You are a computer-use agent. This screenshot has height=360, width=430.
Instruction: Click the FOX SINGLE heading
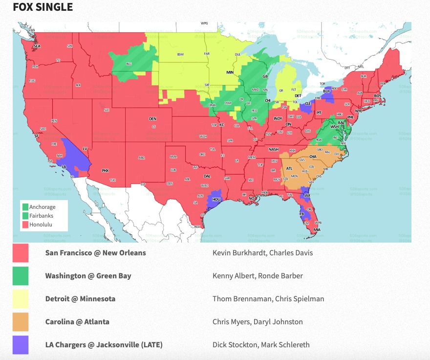point(43,7)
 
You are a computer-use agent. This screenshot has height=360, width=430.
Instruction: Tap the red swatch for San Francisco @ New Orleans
point(21,253)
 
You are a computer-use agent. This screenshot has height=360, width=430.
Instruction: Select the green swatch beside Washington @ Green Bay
point(21,276)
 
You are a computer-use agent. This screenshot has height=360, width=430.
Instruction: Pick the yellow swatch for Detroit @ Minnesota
point(21,299)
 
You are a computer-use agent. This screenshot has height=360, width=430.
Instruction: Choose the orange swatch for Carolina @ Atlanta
point(21,322)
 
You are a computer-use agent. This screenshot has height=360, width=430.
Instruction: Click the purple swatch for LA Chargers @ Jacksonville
point(21,345)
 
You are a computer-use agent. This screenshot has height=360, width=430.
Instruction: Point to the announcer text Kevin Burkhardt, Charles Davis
point(262,253)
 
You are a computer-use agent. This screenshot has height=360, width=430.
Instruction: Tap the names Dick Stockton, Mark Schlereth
point(261,345)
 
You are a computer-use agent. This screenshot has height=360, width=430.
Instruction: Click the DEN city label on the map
point(152,119)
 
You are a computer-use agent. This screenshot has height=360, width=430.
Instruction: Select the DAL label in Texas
point(207,176)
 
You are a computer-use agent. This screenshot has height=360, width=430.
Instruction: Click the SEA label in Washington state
point(36,46)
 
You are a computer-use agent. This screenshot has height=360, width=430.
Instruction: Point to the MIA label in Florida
point(318,230)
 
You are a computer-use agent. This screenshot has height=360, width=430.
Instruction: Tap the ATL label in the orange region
point(289,168)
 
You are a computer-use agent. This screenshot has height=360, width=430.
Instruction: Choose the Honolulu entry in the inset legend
point(41,225)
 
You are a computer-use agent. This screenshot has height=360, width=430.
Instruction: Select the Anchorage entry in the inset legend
point(42,207)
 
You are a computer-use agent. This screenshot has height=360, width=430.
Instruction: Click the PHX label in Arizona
point(105,171)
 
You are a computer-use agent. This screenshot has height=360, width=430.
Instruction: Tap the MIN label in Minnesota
point(230,72)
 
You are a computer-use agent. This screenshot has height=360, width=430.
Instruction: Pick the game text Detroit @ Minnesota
point(80,299)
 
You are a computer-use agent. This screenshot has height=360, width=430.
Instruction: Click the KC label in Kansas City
point(221,125)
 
